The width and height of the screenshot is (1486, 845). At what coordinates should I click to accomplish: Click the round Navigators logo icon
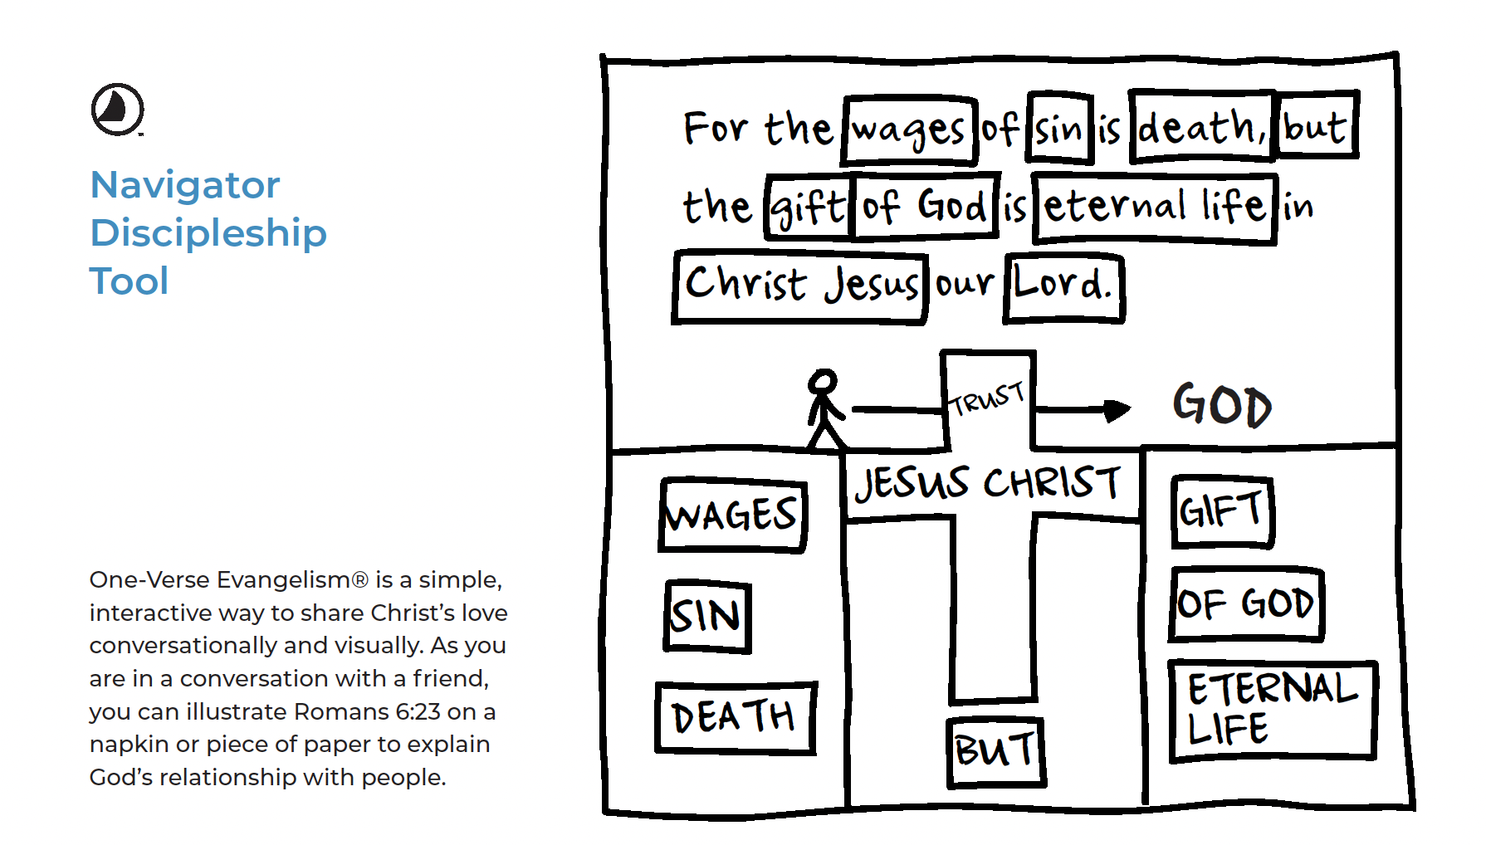tap(117, 109)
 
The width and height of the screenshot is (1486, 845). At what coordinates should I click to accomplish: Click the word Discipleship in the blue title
tap(208, 233)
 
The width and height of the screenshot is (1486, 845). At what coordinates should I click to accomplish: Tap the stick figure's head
tap(823, 381)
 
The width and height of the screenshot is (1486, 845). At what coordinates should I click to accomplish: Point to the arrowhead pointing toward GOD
tap(1117, 409)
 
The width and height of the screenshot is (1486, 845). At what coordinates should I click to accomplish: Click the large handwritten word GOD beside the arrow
tap(1221, 405)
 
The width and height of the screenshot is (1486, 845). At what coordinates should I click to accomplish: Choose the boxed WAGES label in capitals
tap(732, 515)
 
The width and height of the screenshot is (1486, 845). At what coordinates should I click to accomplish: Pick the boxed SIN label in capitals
tap(707, 617)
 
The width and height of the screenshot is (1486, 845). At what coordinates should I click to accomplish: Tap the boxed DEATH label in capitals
tap(735, 717)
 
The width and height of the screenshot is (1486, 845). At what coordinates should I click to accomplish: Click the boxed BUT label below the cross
tap(995, 751)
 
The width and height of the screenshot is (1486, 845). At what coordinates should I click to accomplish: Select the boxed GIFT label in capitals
tap(1222, 511)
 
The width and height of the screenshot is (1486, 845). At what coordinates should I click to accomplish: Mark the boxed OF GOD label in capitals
tap(1245, 604)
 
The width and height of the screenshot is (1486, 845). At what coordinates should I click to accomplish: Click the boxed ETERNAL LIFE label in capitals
tap(1272, 711)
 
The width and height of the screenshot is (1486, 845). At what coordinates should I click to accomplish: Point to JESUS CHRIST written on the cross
tap(988, 483)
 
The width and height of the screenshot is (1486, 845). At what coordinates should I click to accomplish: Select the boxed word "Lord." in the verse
tap(1063, 286)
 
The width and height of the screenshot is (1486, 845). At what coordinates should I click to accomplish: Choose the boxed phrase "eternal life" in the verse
tap(1154, 208)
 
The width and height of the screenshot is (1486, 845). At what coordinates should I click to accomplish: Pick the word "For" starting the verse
tap(716, 129)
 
